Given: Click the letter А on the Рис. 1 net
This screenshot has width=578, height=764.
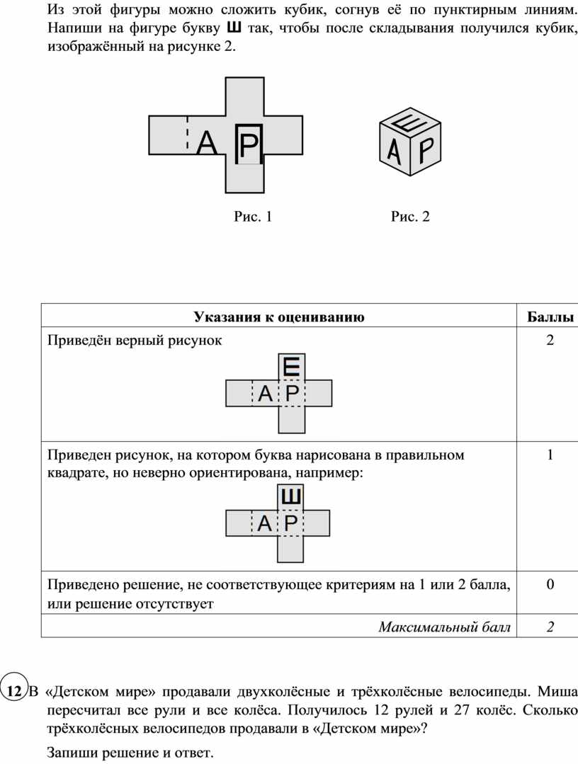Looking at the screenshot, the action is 207,143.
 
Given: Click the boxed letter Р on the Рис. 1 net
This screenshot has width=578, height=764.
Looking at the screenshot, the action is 249,144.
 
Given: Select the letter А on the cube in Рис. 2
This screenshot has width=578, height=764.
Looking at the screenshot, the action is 394,151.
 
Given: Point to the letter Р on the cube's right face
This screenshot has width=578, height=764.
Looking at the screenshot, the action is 426,150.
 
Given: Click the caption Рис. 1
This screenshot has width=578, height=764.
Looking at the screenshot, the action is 252,217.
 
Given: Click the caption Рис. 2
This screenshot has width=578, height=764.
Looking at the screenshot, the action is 410,217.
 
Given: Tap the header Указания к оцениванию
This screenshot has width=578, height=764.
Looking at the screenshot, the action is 279,317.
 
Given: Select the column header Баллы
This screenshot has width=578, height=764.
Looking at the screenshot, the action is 550,317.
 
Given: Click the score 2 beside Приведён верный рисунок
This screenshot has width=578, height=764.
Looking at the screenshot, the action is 550,340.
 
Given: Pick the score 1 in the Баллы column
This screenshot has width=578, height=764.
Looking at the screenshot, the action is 550,455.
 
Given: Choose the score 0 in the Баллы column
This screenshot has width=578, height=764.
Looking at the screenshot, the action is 550,584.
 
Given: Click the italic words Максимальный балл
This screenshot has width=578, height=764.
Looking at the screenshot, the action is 444,627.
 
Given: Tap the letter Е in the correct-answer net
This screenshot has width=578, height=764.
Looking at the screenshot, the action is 291,366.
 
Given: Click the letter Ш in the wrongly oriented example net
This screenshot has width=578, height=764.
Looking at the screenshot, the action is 291,496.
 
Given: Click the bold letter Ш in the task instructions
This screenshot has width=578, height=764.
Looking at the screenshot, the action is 234,27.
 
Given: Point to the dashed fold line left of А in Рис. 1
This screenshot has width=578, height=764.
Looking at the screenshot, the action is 187,132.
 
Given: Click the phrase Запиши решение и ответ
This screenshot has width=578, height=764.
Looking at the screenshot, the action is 130,752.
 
